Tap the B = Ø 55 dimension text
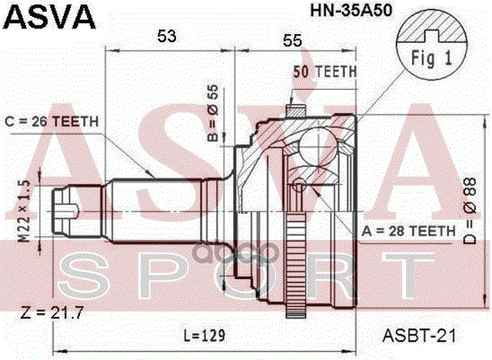coord(213,108)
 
